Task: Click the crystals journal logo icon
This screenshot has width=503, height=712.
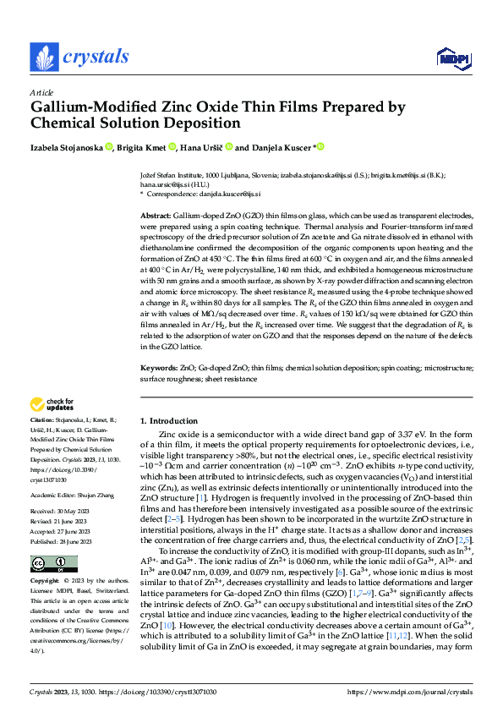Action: coord(43,57)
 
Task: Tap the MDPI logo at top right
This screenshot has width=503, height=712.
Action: coord(448,58)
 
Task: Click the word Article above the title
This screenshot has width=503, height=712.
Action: coord(41,92)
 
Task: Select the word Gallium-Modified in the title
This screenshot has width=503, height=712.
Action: coord(91,107)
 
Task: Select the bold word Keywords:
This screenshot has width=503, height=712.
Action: coord(158,369)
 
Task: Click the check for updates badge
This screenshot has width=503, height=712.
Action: coord(54,405)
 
